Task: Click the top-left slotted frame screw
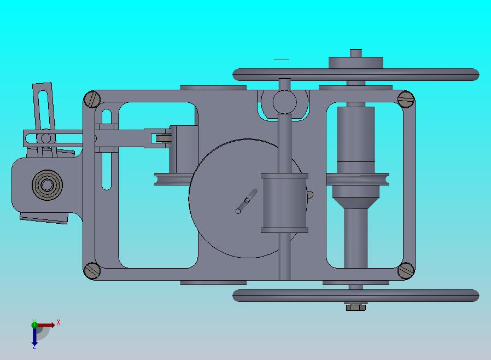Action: point(92,99)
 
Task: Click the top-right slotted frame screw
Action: point(406,99)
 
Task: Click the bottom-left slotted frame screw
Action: point(92,270)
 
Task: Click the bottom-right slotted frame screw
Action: point(406,270)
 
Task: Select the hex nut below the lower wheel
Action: point(355,307)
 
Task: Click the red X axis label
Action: point(59,323)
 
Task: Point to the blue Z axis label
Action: point(34,346)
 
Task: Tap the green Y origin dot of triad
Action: point(34,325)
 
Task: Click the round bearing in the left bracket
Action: point(47,185)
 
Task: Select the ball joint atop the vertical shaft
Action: point(284,101)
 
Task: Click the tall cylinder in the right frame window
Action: point(355,134)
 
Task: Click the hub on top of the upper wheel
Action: point(355,61)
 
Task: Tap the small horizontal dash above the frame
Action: point(281,59)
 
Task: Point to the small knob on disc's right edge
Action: point(310,195)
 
